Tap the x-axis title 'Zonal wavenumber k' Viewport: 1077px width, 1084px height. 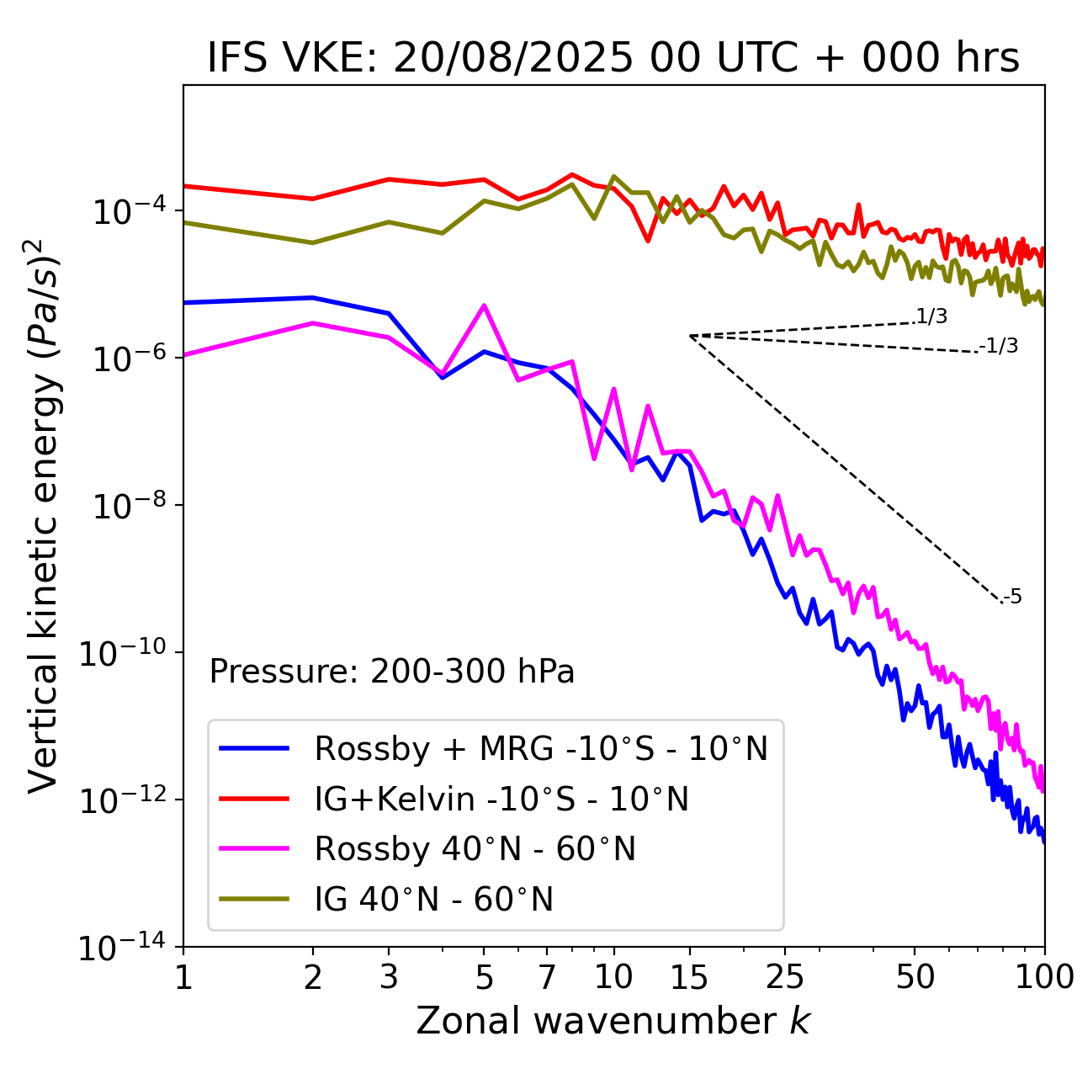coord(613,1020)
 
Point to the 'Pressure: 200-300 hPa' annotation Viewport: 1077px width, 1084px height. coord(392,672)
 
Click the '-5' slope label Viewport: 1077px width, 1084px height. coord(1013,598)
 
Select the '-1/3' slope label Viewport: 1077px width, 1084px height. coord(1000,346)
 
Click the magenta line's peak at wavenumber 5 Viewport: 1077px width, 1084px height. coord(484,306)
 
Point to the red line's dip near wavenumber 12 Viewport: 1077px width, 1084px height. coord(648,241)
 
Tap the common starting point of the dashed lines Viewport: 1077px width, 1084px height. coord(690,336)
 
